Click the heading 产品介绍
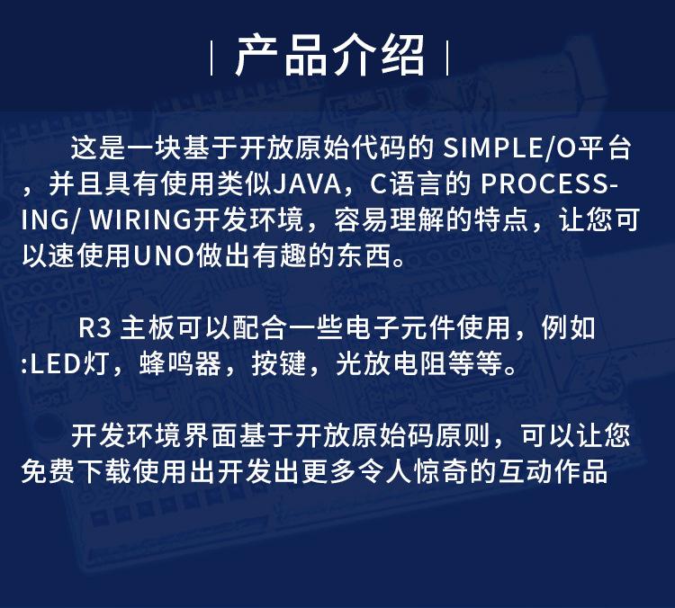[330, 57]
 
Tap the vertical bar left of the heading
[211, 58]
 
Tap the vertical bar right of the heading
[447, 58]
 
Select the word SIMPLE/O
[509, 148]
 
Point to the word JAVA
[308, 184]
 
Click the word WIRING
[140, 220]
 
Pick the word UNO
[164, 256]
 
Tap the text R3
[94, 328]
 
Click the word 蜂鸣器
[180, 364]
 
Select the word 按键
[278, 364]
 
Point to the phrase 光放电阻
[391, 364]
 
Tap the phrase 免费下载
[76, 472]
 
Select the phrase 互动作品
[553, 472]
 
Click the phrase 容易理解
[389, 220]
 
